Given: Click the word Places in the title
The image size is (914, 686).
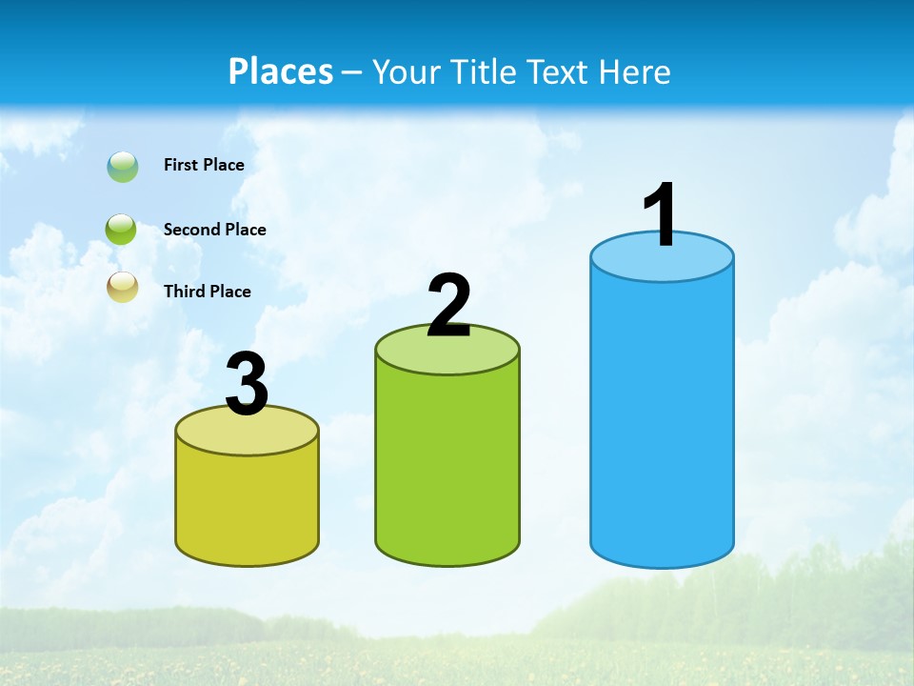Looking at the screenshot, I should coord(281,71).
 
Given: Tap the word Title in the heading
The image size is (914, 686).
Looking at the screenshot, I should coord(482,71).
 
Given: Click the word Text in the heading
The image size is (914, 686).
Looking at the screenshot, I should coord(560,71).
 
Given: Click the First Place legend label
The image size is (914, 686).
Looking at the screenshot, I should coord(204,165).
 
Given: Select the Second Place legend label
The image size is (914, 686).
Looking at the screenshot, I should coord(214,230).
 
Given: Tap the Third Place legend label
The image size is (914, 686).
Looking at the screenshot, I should coord(207,292).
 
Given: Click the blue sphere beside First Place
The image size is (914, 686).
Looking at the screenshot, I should coord(123,167).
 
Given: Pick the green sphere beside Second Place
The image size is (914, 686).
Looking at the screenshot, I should coord(122,230).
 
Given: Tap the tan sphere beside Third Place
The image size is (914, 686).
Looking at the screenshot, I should coord(123,287).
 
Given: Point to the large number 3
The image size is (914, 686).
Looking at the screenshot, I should coord(248,385).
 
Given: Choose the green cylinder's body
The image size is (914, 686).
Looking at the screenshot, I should coord(447,467).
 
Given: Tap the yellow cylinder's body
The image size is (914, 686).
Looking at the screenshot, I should coord(248,505).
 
